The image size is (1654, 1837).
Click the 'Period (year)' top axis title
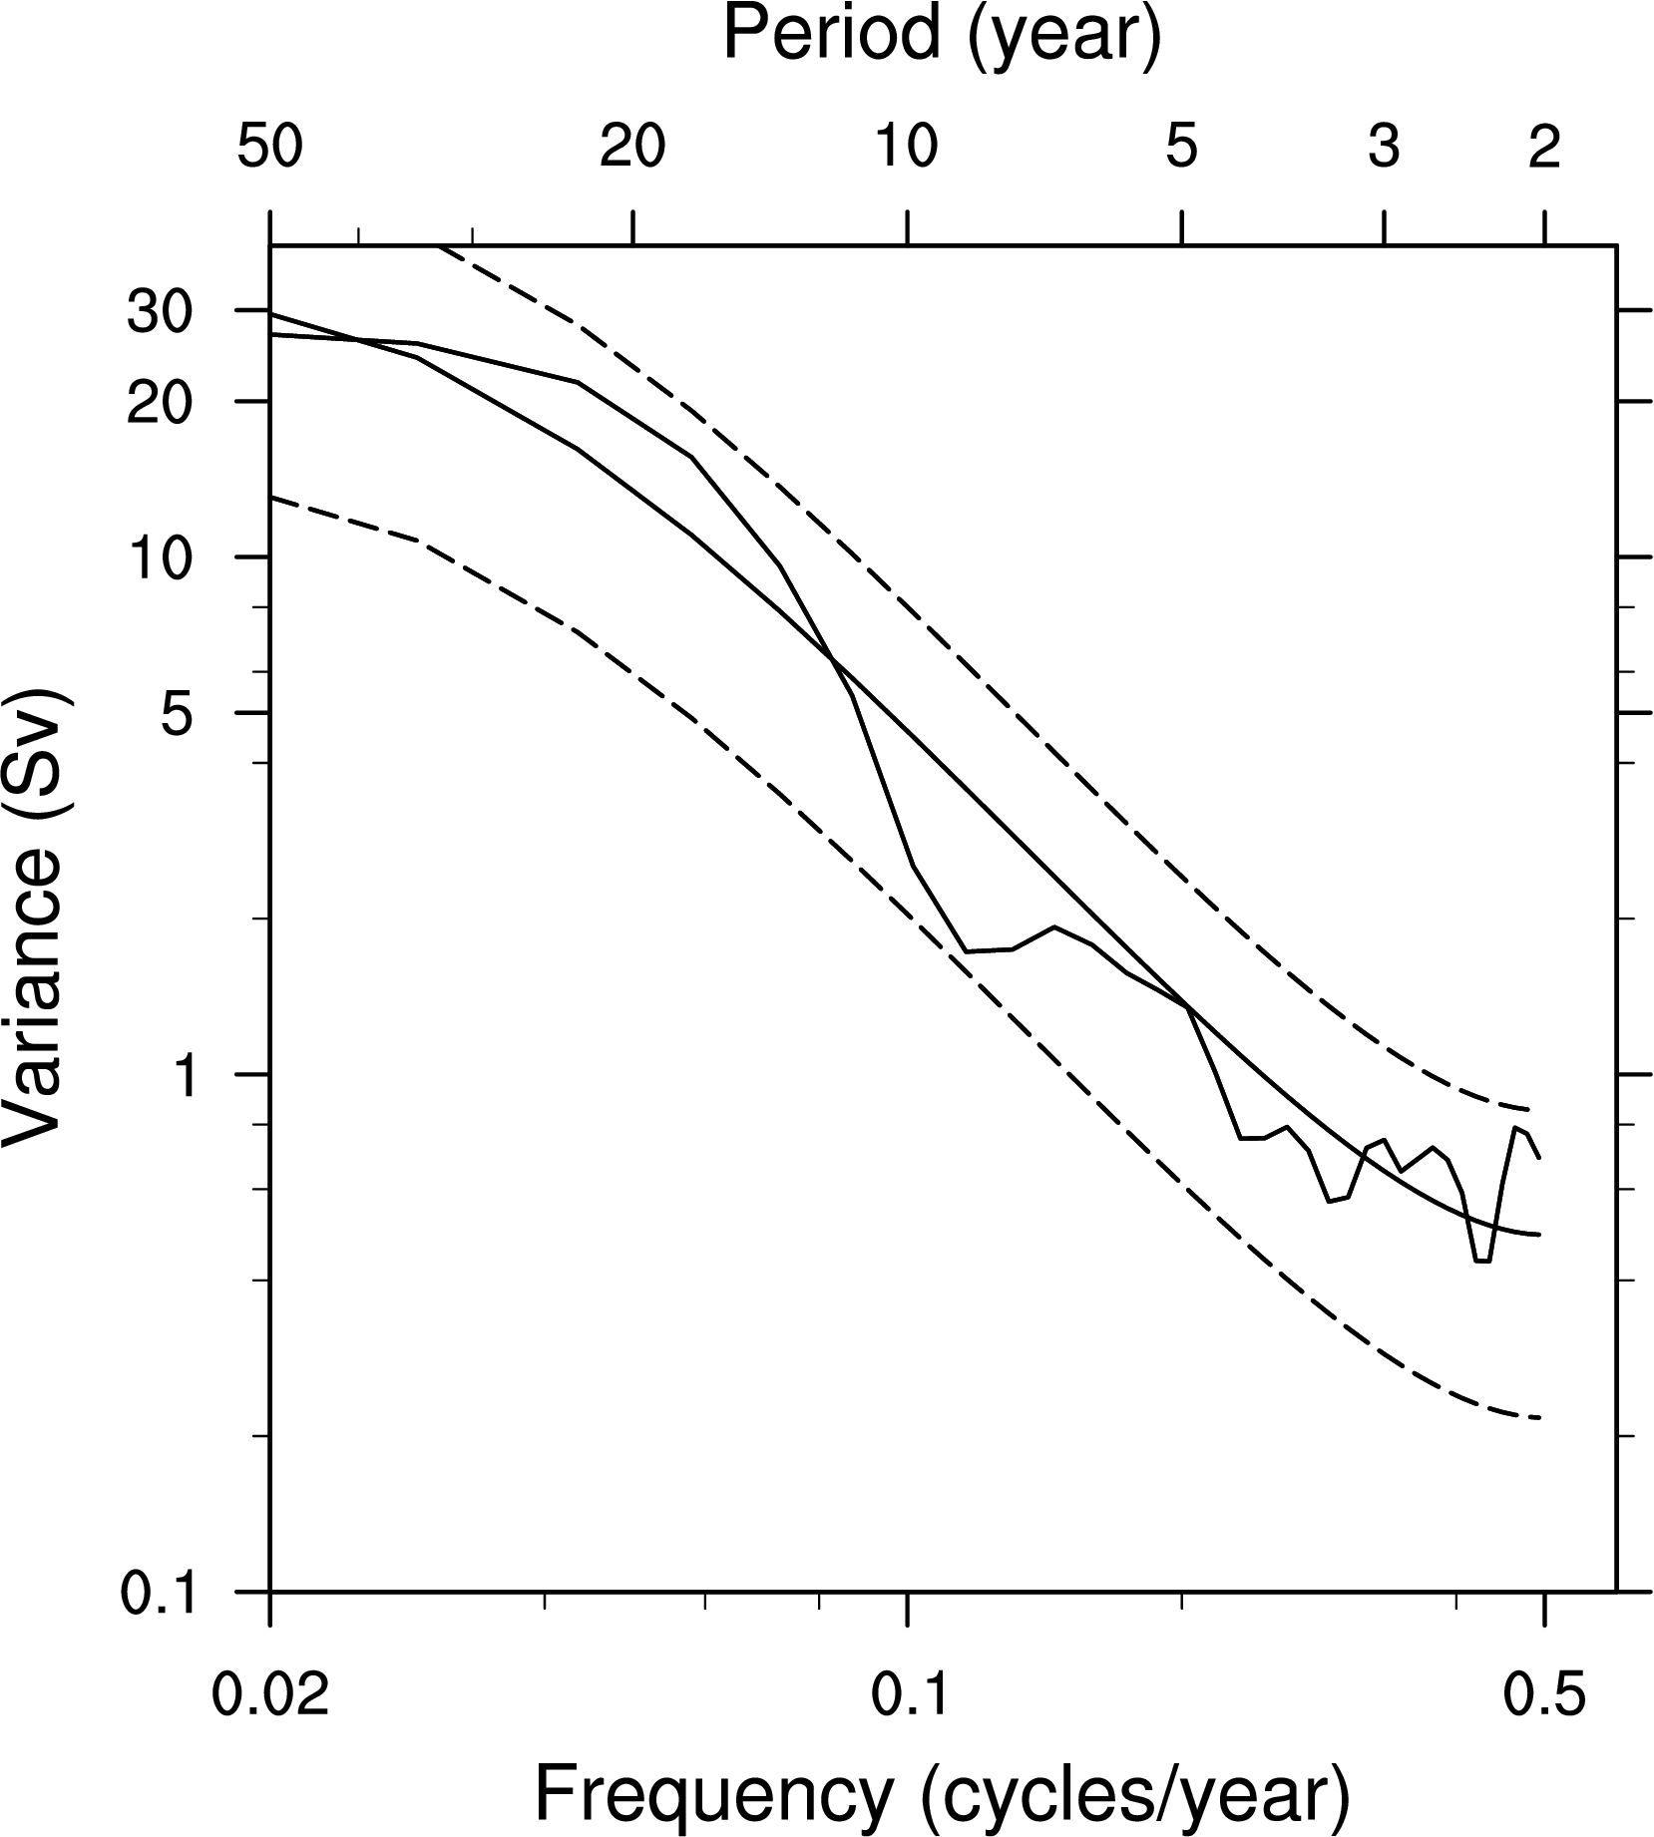[941, 36]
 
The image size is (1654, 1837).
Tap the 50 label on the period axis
[269, 148]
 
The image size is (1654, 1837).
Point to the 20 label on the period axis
[632, 148]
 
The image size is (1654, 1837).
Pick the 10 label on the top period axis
[907, 148]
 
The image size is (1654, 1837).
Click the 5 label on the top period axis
[1181, 148]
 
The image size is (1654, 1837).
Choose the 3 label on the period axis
[1384, 148]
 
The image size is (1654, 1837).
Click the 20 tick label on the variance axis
[159, 402]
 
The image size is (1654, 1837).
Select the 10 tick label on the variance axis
[159, 557]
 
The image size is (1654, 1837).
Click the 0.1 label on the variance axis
[157, 1594]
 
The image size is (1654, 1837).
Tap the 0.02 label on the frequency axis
[270, 1694]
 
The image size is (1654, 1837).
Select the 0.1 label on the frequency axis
[907, 1694]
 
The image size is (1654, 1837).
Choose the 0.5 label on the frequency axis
[1543, 1694]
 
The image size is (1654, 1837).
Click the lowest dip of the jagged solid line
[1482, 1262]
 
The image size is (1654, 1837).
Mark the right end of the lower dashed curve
[1542, 1418]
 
